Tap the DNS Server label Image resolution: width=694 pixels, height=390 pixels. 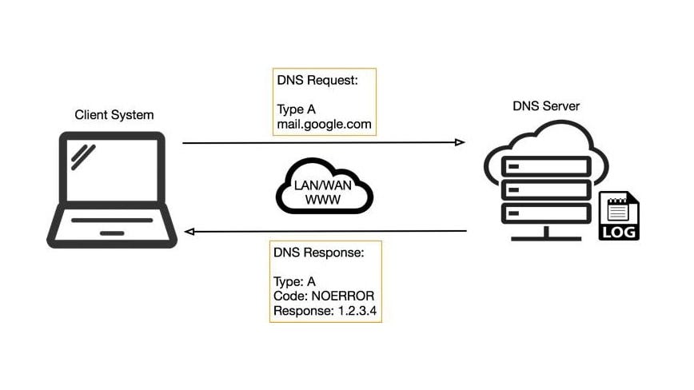[x=546, y=105]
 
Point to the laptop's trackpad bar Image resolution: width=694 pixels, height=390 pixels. [x=112, y=233]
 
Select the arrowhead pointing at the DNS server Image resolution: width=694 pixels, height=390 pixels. [x=460, y=142]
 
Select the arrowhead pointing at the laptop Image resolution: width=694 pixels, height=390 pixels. [x=189, y=232]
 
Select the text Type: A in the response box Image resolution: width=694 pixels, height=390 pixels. [x=295, y=281]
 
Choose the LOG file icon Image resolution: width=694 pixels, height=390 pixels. [x=619, y=216]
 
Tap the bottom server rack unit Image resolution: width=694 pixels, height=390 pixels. [x=546, y=214]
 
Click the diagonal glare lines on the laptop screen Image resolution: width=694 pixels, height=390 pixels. [x=82, y=156]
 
